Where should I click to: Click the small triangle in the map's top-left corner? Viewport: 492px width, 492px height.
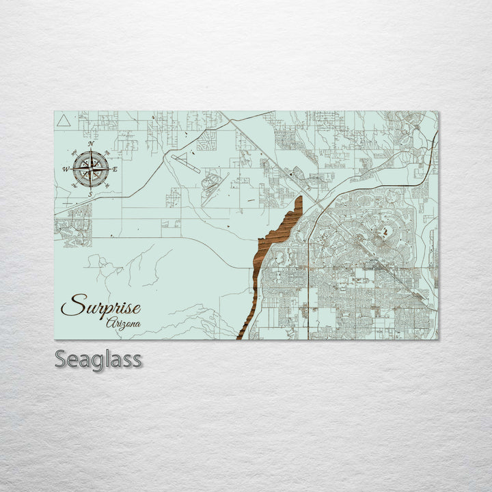(63, 121)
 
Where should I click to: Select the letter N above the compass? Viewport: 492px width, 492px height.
(91, 144)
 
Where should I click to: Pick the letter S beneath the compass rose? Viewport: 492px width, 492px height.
(90, 195)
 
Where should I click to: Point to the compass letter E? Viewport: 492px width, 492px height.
(115, 169)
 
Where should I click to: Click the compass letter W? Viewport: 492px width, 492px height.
(66, 169)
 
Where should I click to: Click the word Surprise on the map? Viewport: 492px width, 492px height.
(100, 305)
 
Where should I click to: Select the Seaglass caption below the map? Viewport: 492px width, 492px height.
(98, 359)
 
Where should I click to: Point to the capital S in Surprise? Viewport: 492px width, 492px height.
(72, 305)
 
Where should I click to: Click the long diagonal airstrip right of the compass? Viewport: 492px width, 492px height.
(186, 163)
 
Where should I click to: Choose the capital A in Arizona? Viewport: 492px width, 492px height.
(110, 321)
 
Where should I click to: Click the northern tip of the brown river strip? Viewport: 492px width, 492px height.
(299, 198)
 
